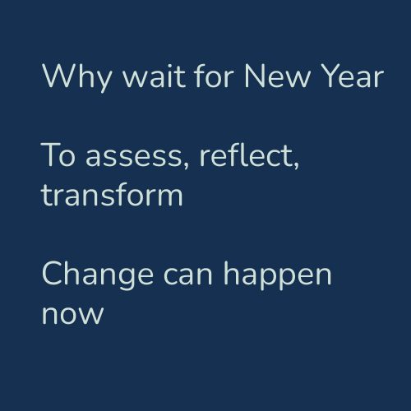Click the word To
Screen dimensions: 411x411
point(56,156)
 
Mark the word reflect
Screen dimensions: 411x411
point(252,156)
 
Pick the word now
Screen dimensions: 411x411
point(72,315)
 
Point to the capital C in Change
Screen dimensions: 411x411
point(53,274)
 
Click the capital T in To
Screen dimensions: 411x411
point(49,156)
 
